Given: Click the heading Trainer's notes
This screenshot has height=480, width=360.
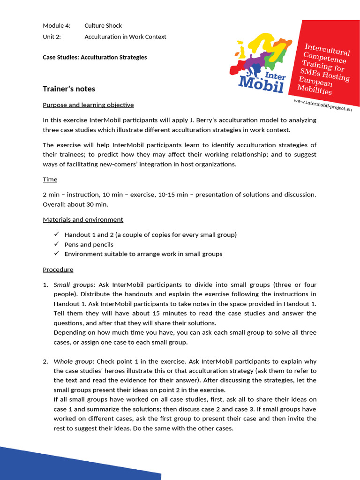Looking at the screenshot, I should click(x=69, y=89).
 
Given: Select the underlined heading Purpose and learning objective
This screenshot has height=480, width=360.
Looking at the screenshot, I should click(x=88, y=105).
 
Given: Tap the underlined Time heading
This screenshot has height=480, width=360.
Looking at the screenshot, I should click(x=50, y=180).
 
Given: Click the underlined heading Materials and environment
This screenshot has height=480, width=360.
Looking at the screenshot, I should click(x=83, y=219).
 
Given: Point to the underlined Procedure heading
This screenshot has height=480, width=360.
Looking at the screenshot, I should click(x=58, y=270).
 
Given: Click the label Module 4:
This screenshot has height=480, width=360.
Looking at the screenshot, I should click(x=56, y=25).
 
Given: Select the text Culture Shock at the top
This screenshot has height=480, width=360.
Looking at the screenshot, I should click(x=103, y=25).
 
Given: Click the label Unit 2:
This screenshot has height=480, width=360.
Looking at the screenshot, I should click(x=52, y=37).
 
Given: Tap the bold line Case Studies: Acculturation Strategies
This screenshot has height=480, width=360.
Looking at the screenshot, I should click(x=95, y=57).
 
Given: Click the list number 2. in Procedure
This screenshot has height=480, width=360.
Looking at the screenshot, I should click(x=45, y=361).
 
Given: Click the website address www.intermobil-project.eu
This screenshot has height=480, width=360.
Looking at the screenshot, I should click(x=322, y=105).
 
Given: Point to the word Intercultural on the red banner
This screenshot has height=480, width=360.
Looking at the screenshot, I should click(x=327, y=50).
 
